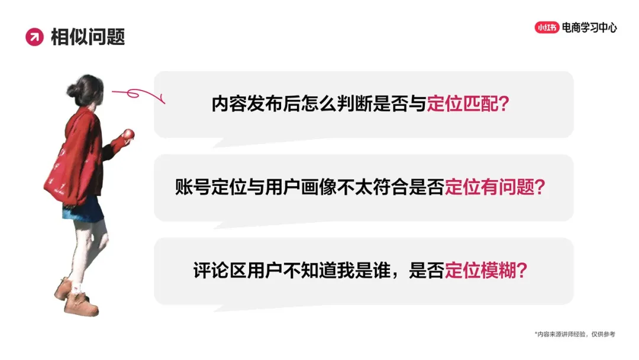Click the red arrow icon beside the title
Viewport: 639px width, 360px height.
(x=34, y=37)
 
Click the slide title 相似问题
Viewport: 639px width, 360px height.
(x=88, y=37)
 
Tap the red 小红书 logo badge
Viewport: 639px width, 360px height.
(x=547, y=27)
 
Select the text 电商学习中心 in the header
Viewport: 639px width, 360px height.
(x=589, y=27)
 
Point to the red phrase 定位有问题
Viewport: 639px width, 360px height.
(x=488, y=188)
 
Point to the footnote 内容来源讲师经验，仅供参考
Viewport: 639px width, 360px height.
(x=575, y=335)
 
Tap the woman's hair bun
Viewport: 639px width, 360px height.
(x=72, y=90)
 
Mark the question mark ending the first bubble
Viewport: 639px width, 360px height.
(x=505, y=104)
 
